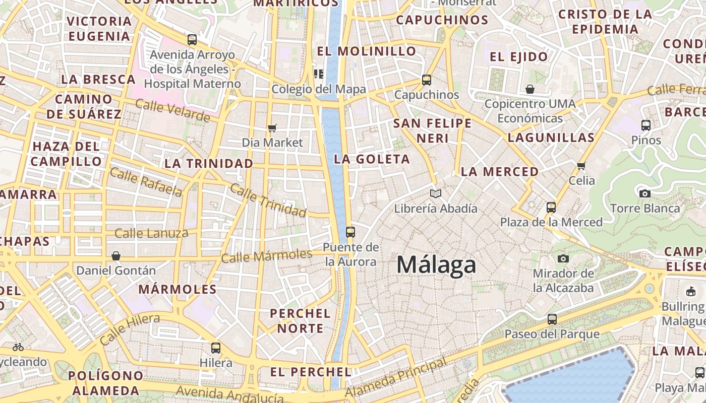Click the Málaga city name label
[436, 265]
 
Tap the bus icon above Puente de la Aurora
[350, 232]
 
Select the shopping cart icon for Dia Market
[272, 128]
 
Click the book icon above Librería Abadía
[436, 193]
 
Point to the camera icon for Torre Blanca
[644, 193]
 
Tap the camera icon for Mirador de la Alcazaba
[563, 258]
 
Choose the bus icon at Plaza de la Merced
[551, 207]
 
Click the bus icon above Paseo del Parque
[552, 319]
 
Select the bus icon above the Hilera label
[216, 348]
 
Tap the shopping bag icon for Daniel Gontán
[116, 256]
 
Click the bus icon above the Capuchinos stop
[427, 80]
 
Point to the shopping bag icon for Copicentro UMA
[530, 89]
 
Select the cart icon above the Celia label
[581, 166]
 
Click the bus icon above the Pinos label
[646, 125]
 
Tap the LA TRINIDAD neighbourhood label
[209, 164]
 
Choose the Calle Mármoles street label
[267, 256]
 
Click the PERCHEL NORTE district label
[300, 321]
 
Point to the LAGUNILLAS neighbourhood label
[551, 138]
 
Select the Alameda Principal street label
[397, 378]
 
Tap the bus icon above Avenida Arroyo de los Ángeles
[192, 40]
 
